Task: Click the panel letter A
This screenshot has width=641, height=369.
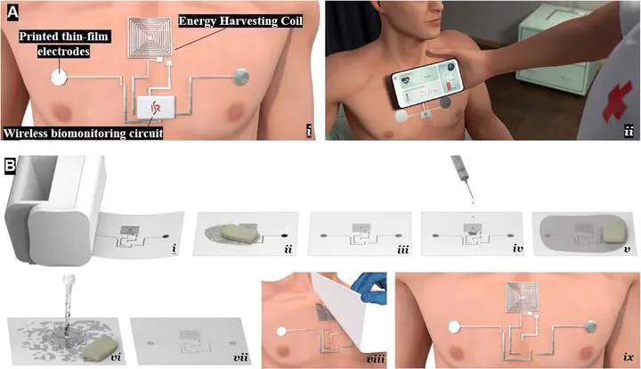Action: click(12, 12)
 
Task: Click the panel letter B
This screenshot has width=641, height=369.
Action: click(10, 166)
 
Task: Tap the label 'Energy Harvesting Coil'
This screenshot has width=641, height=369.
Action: click(240, 21)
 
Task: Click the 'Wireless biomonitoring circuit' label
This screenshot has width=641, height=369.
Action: click(83, 134)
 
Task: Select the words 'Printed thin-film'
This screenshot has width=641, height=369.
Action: click(64, 37)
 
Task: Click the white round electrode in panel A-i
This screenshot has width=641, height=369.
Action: click(59, 78)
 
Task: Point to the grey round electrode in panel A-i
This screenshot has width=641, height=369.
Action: click(240, 77)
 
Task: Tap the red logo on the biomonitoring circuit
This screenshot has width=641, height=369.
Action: click(155, 108)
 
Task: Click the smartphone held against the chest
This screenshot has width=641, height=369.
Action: click(428, 83)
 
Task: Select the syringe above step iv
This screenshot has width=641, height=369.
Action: click(461, 174)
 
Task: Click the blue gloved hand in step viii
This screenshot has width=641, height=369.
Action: click(370, 288)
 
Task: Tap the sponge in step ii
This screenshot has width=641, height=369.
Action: click(239, 234)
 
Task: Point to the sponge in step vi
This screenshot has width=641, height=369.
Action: click(101, 348)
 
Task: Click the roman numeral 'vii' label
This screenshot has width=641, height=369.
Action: click(240, 357)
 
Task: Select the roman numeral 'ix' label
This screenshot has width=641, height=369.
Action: click(629, 357)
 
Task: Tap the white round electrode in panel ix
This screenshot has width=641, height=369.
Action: click(454, 327)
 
